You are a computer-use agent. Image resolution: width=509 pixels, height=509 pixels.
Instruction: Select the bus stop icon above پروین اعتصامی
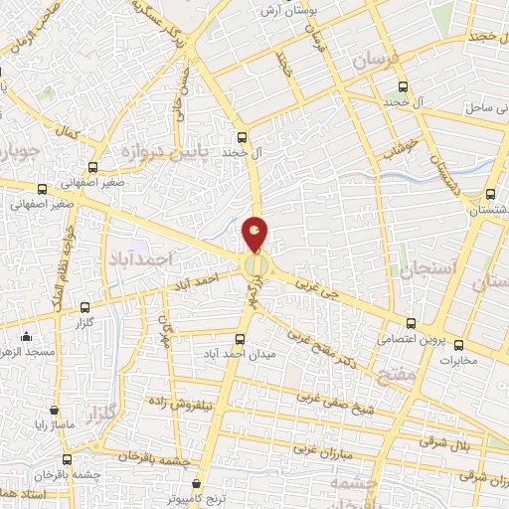(x=411, y=323)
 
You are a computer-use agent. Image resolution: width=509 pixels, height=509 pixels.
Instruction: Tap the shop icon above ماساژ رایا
(x=53, y=409)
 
